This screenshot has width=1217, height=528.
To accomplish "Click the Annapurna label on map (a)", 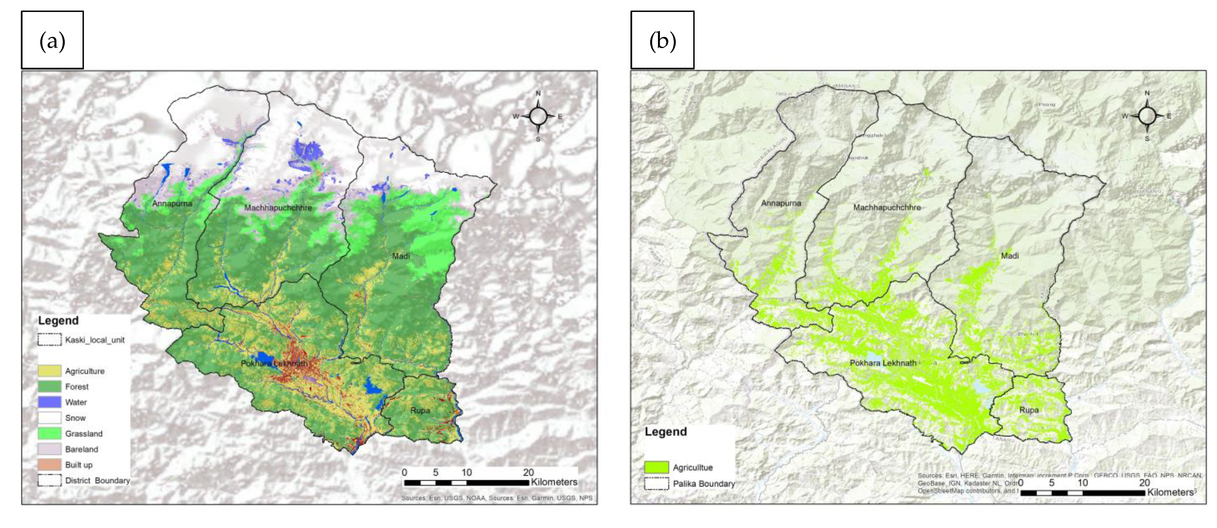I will point(172,204).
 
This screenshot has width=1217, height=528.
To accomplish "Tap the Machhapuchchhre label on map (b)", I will point(887,207).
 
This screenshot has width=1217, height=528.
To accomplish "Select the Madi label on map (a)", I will point(401,256).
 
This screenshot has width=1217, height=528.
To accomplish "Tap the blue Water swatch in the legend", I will point(50,402).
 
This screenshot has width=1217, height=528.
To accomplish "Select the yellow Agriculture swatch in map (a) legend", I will point(50,371).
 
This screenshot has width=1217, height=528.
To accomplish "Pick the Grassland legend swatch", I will point(50,433).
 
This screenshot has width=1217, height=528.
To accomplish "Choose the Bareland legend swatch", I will point(50,449).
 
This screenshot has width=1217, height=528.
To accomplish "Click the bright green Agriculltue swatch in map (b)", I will point(656,467).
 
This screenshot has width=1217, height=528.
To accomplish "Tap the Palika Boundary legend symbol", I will point(656,484).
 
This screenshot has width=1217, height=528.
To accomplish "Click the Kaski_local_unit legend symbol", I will point(50,339).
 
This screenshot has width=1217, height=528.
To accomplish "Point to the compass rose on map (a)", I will point(538,116).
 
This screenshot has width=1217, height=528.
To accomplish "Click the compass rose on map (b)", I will point(1147,116).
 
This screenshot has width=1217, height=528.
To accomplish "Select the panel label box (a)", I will point(52,40).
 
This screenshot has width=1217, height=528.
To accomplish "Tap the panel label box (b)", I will point(662,40).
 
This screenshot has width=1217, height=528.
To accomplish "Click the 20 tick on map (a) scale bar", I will point(528,472).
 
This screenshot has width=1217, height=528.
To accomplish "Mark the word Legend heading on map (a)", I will point(58,320).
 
